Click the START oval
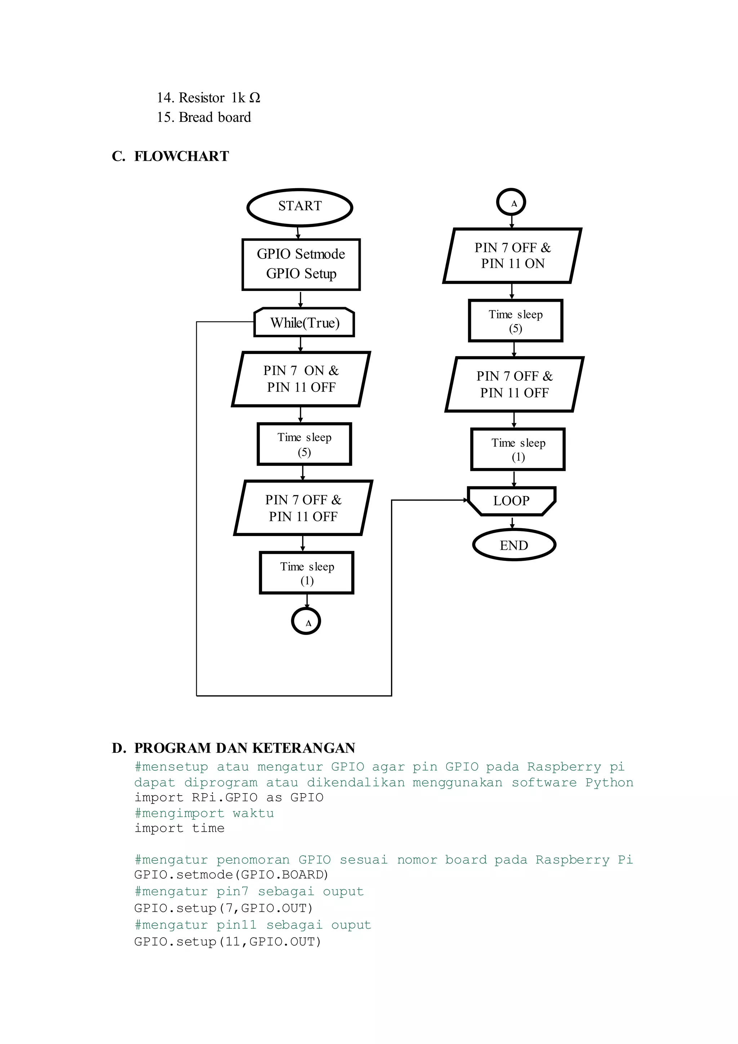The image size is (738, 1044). tap(299, 207)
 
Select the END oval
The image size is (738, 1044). tap(514, 545)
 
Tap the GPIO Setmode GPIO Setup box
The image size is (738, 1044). tap(301, 264)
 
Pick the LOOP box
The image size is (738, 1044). tap(511, 501)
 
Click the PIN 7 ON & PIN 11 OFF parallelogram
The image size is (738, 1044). tap(301, 379)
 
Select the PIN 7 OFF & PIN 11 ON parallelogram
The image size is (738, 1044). tap(512, 256)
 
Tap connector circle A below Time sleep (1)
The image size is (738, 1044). tap(306, 621)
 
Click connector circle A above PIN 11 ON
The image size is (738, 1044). tap(511, 202)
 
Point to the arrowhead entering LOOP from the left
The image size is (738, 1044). tap(465, 500)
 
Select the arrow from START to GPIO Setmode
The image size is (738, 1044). tap(298, 233)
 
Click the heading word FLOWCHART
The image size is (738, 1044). tap(181, 156)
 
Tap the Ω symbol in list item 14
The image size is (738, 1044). tap(255, 98)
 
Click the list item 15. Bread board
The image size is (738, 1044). tap(204, 117)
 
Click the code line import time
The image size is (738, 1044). tap(179, 828)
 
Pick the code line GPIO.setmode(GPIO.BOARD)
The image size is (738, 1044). tap(231, 875)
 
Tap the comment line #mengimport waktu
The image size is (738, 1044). tap(204, 813)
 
